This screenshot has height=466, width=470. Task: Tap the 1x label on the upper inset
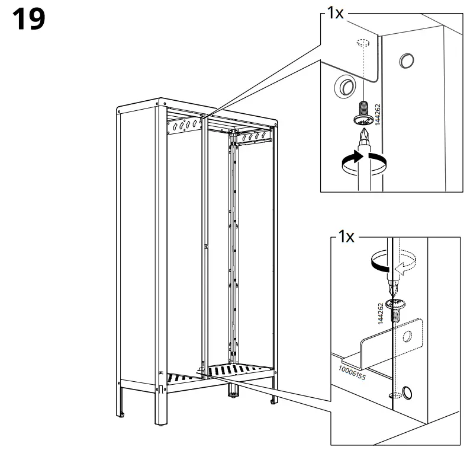pyautogui.click(x=334, y=14)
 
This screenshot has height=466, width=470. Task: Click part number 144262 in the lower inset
pyautogui.click(x=381, y=312)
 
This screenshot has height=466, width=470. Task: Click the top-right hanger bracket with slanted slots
pyautogui.click(x=255, y=138)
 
